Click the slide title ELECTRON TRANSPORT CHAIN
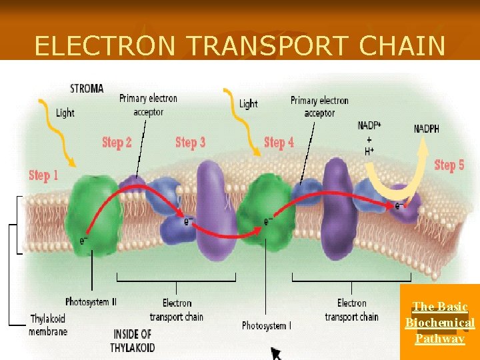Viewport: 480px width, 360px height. pyautogui.click(x=239, y=45)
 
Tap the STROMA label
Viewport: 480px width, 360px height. pyautogui.click(x=87, y=89)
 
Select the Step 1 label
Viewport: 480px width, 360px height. pyautogui.click(x=44, y=175)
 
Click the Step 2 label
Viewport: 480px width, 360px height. pyautogui.click(x=117, y=142)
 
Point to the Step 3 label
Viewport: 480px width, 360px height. pyautogui.click(x=190, y=142)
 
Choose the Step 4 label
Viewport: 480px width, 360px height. pyautogui.click(x=279, y=142)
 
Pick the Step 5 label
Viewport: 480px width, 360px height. pyautogui.click(x=449, y=165)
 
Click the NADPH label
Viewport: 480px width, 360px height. pyautogui.click(x=427, y=129)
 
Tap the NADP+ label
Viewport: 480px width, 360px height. pyautogui.click(x=369, y=126)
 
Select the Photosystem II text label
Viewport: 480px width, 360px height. pyautogui.click(x=91, y=302)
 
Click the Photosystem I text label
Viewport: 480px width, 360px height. pyautogui.click(x=266, y=326)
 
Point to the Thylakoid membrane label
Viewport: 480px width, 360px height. pyautogui.click(x=48, y=325)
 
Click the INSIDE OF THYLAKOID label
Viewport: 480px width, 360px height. pyautogui.click(x=133, y=340)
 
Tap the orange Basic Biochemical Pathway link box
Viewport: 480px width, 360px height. pyautogui.click(x=439, y=323)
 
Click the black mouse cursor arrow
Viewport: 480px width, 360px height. pyautogui.click(x=275, y=352)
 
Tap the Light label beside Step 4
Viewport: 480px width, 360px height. pyautogui.click(x=248, y=103)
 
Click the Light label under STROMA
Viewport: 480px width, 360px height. pyautogui.click(x=65, y=113)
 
